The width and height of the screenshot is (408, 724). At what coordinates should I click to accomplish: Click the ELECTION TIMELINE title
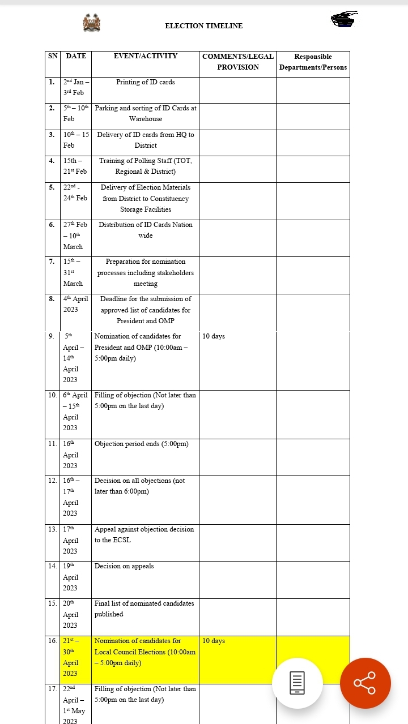203,26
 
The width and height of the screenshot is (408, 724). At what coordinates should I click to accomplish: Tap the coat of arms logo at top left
91,23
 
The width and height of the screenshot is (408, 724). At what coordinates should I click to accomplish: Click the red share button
365,683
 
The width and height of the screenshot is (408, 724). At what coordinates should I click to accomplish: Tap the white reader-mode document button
297,683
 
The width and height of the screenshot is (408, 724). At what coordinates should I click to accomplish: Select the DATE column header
76,56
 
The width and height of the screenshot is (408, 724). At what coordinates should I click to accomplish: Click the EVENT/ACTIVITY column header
146,56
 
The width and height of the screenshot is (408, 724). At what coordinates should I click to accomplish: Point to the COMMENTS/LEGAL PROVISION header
238,62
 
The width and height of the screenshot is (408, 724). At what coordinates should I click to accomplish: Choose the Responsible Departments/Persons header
313,62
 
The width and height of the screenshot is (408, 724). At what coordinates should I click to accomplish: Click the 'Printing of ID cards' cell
146,82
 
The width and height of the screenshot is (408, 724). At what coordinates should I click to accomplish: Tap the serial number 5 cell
52,187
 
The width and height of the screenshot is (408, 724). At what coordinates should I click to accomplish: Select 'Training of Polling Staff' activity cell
146,166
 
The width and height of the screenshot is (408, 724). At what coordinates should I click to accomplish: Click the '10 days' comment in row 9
214,336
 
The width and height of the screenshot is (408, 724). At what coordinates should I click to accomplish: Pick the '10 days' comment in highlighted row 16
214,641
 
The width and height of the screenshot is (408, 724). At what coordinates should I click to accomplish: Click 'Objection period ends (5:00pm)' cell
142,444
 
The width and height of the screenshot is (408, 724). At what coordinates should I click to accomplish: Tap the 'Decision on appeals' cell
124,566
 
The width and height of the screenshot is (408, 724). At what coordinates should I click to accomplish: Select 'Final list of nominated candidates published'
144,609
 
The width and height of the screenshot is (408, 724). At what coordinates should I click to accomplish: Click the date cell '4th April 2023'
75,304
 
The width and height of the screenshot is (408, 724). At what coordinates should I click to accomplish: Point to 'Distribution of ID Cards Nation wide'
146,230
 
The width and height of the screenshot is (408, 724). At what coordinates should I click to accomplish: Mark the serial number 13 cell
53,529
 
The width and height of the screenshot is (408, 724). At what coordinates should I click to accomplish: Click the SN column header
53,56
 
